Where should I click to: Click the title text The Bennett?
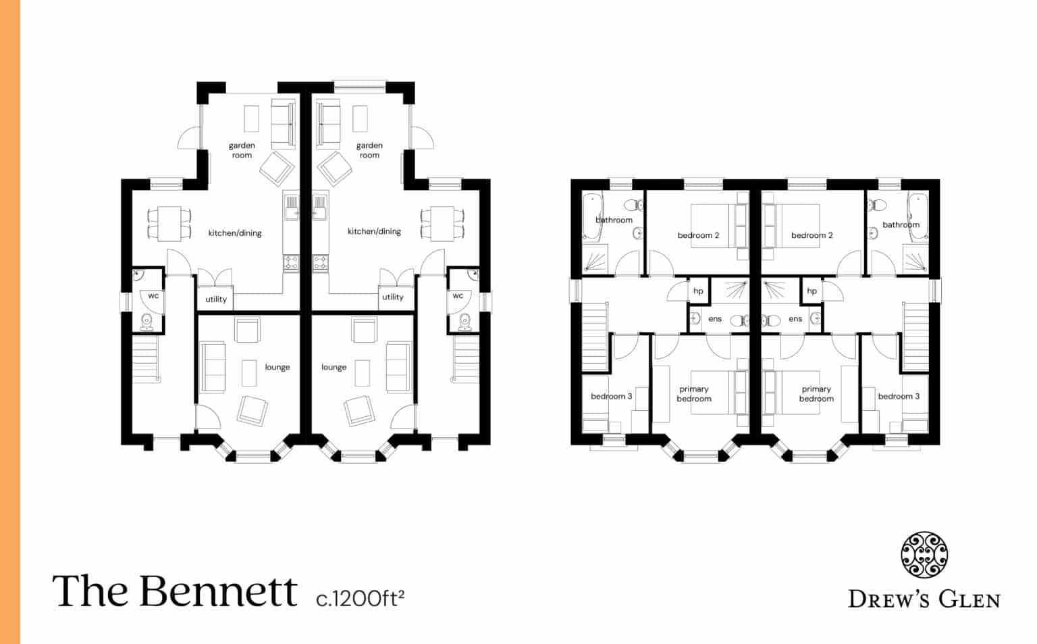coord(174,591)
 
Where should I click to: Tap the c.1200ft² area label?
coord(360,598)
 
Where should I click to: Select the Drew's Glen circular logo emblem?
coord(924,555)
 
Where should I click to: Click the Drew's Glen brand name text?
coord(924,599)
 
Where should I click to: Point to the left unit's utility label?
coord(216,299)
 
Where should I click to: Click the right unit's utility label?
coord(393,297)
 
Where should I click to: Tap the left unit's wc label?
coord(153,296)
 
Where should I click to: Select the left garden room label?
coord(242,150)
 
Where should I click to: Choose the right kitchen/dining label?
coord(374,231)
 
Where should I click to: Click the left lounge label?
coord(277,367)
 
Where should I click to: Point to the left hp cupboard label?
coord(698,291)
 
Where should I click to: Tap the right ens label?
coord(795,319)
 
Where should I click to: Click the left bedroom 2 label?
coord(698,235)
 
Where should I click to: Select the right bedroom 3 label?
coord(899,396)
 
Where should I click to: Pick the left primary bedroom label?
coord(694,394)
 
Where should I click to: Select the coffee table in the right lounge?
coord(363,372)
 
